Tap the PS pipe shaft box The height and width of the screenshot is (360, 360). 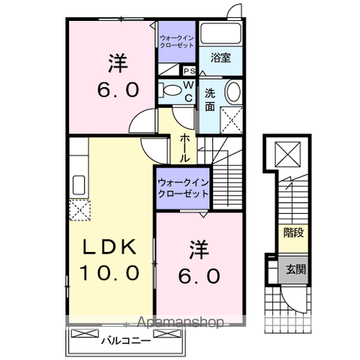189,71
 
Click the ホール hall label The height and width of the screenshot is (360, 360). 184,147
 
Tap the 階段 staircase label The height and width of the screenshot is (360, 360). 293,232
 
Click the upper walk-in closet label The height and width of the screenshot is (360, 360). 176,38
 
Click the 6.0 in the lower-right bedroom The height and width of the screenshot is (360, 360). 198,276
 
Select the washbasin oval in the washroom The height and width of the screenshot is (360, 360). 232,95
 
